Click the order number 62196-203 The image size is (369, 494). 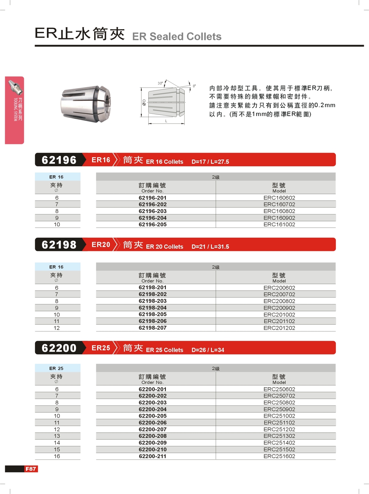tap(152, 211)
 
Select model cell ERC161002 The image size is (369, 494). tap(279, 224)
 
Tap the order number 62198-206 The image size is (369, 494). tap(152, 321)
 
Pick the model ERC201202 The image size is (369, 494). tap(279, 328)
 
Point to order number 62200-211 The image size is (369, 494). tap(152, 456)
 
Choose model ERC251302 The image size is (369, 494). tap(279, 436)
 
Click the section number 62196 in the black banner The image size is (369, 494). tap(59, 160)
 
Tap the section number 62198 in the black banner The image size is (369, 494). tap(59, 245)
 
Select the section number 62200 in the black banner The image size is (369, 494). tap(59, 348)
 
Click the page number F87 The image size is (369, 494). tap(31, 469)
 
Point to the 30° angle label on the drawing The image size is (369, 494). tap(160, 83)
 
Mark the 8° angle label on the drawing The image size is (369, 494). tap(194, 86)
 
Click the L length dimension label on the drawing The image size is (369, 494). tap(166, 121)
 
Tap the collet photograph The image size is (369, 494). tap(86, 104)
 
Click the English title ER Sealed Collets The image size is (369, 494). tap(177, 37)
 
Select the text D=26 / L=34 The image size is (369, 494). tap(208, 350)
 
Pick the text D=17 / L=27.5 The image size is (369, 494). tap(210, 162)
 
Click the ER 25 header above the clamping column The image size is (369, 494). tap(56, 368)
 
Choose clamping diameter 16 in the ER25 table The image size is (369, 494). tap(57, 456)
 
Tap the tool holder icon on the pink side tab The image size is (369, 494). tap(15, 88)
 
